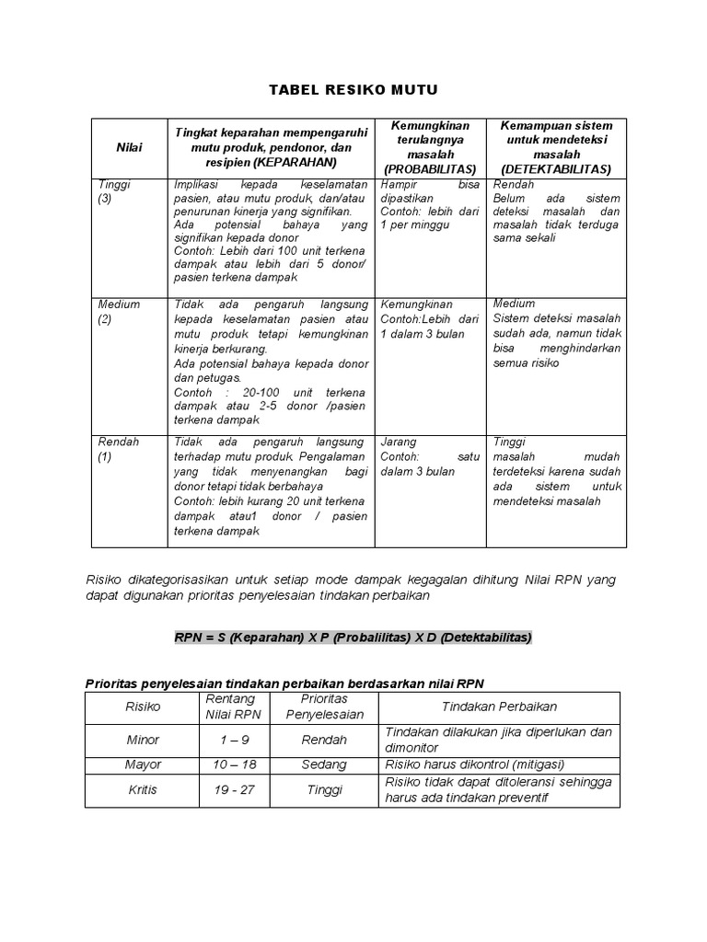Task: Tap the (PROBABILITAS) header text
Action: tap(429, 169)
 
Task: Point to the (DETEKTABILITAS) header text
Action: tap(555, 169)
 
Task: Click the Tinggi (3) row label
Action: tap(114, 191)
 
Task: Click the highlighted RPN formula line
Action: tap(353, 638)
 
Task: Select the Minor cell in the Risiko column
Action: tap(143, 740)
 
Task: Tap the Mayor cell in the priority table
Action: tap(143, 764)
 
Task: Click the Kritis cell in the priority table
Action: tap(143, 790)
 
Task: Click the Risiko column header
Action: tap(143, 706)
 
